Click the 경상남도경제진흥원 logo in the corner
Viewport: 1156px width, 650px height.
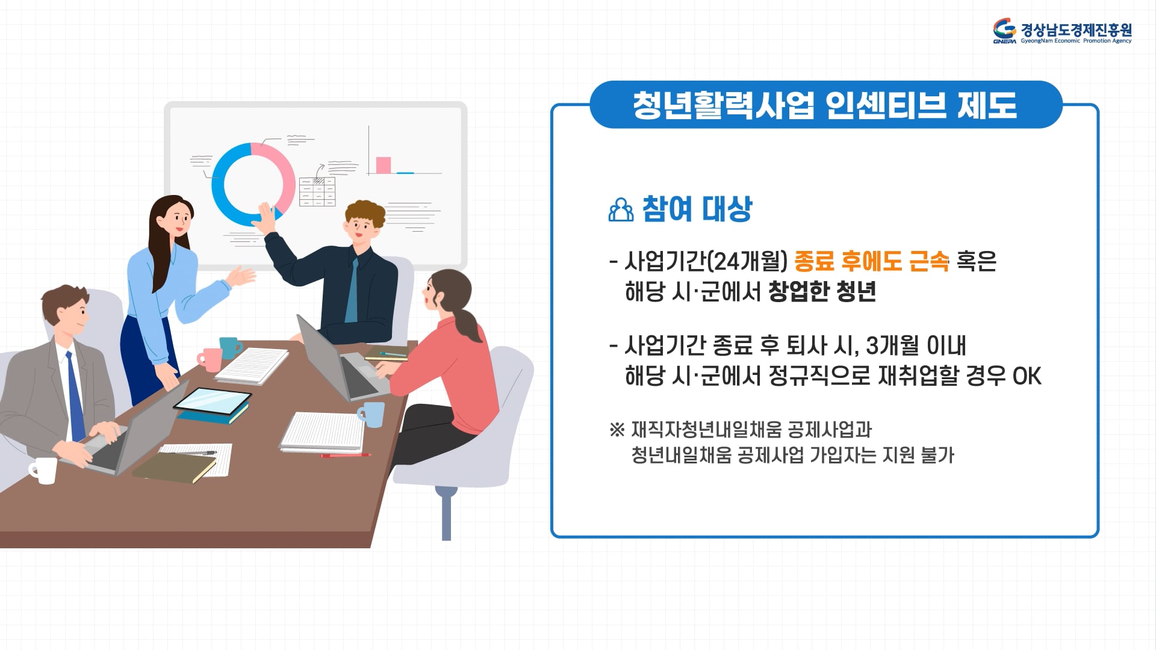click(x=1062, y=31)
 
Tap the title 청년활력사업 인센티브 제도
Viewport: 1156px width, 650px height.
click(x=825, y=105)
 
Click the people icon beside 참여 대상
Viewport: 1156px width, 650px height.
click(x=621, y=209)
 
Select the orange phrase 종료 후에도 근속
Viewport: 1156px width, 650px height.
click(x=871, y=261)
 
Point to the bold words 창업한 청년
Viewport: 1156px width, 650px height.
click(x=822, y=292)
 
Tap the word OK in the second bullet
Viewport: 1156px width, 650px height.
click(x=1027, y=376)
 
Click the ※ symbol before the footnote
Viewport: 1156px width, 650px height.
click(x=617, y=430)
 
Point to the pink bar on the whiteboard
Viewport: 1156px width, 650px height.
click(x=383, y=165)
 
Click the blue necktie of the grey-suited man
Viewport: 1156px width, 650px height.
click(x=75, y=397)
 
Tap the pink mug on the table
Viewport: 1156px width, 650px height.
click(x=211, y=359)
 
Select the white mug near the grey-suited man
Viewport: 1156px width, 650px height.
click(x=43, y=470)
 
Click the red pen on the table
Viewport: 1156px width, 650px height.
click(x=346, y=456)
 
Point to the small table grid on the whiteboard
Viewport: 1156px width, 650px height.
click(x=317, y=192)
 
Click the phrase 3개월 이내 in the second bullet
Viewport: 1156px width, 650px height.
click(x=916, y=345)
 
